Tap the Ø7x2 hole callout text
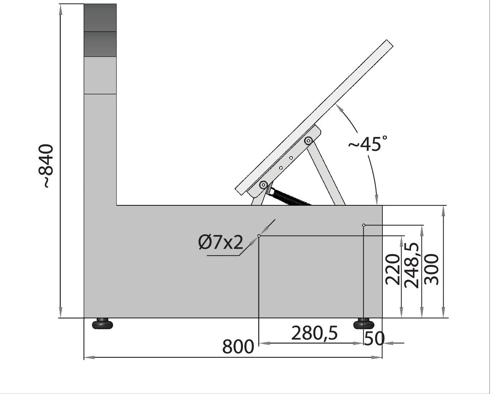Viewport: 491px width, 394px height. click(221, 242)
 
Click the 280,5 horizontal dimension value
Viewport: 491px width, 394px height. click(314, 333)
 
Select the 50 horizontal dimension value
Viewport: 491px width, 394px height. click(374, 339)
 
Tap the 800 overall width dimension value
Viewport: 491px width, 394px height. click(238, 347)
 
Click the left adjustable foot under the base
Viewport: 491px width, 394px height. click(102, 323)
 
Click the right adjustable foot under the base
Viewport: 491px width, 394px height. click(364, 323)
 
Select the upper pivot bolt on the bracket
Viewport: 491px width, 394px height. click(309, 141)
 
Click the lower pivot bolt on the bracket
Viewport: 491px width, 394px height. click(263, 185)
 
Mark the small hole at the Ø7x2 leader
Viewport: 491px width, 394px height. click(259, 236)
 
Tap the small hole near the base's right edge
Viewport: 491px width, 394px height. click(364, 225)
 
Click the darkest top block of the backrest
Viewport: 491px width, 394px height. click(100, 18)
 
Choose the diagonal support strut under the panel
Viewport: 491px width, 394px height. click(327, 173)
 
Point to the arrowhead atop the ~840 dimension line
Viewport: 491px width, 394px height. click(60, 9)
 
